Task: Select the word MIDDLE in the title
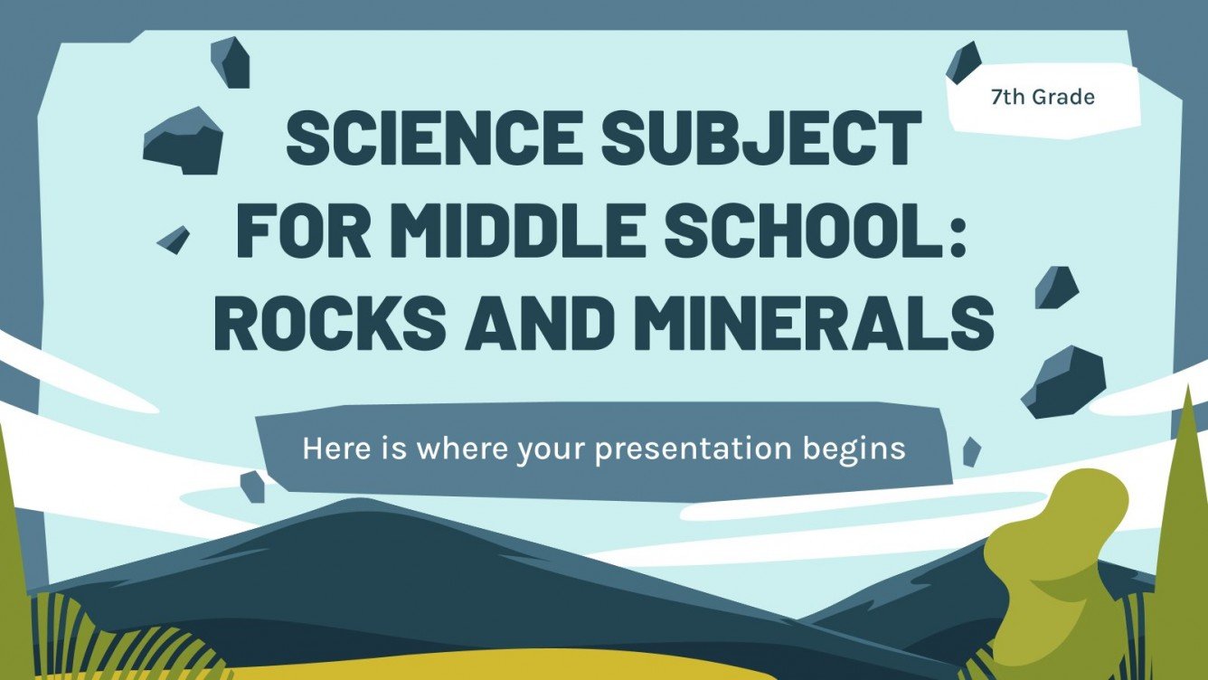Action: (x=506, y=232)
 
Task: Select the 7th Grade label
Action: (x=1043, y=98)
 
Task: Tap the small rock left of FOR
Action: (x=174, y=239)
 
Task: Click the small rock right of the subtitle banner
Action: (x=971, y=450)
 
